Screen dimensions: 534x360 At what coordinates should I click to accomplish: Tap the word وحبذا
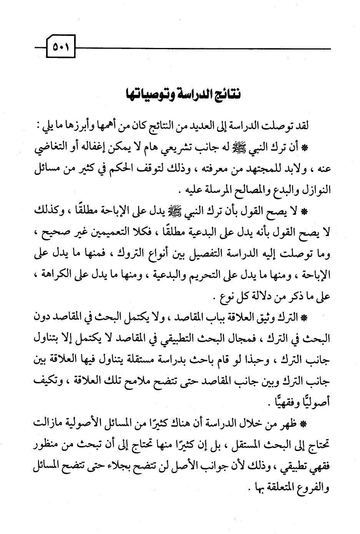point(260,359)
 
